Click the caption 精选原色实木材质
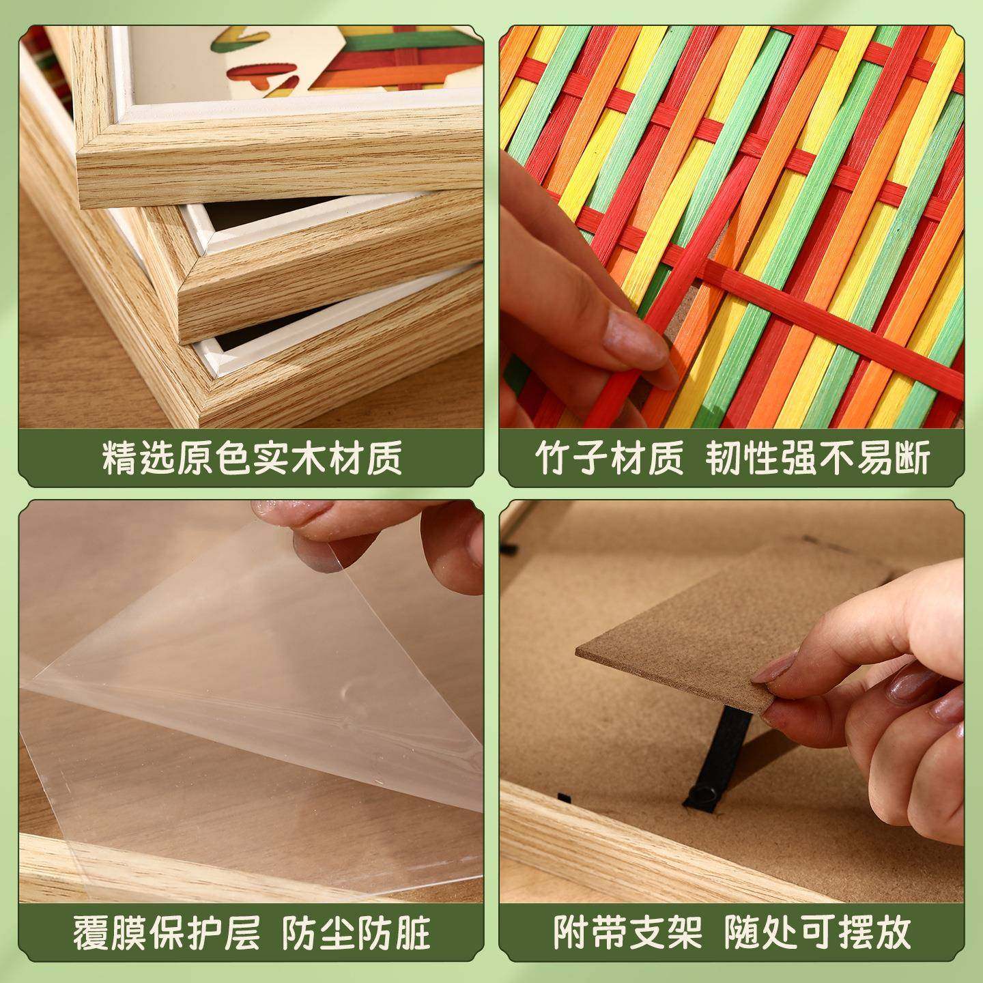[252, 458]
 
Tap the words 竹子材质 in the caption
[609, 458]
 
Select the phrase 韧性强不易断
[818, 458]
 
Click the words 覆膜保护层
[167, 932]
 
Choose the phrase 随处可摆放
[818, 932]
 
